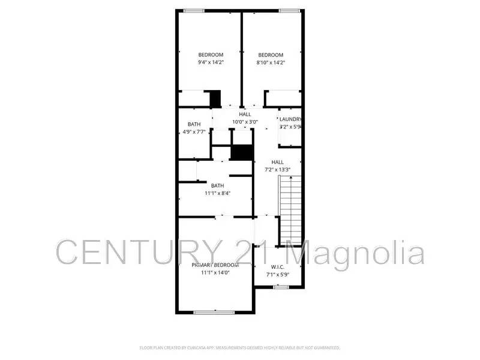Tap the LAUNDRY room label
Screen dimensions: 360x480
point(290,119)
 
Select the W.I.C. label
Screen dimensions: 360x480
point(277,267)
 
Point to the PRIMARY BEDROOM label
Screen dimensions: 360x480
point(215,265)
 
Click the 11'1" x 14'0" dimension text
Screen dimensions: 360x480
point(215,273)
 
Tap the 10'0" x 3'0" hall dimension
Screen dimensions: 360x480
point(245,122)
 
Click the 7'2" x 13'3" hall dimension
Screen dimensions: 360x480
point(277,170)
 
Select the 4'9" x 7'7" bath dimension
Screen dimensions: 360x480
point(194,132)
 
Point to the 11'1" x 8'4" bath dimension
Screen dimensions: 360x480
point(217,193)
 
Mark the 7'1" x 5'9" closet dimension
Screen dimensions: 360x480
point(278,275)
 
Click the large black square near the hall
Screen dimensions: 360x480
point(242,152)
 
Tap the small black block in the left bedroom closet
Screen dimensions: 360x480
point(214,98)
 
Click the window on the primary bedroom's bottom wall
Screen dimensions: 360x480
point(214,312)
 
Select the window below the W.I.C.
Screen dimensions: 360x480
point(280,287)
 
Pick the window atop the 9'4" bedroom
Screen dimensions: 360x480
point(193,10)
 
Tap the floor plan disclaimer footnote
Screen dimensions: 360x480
point(240,347)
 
